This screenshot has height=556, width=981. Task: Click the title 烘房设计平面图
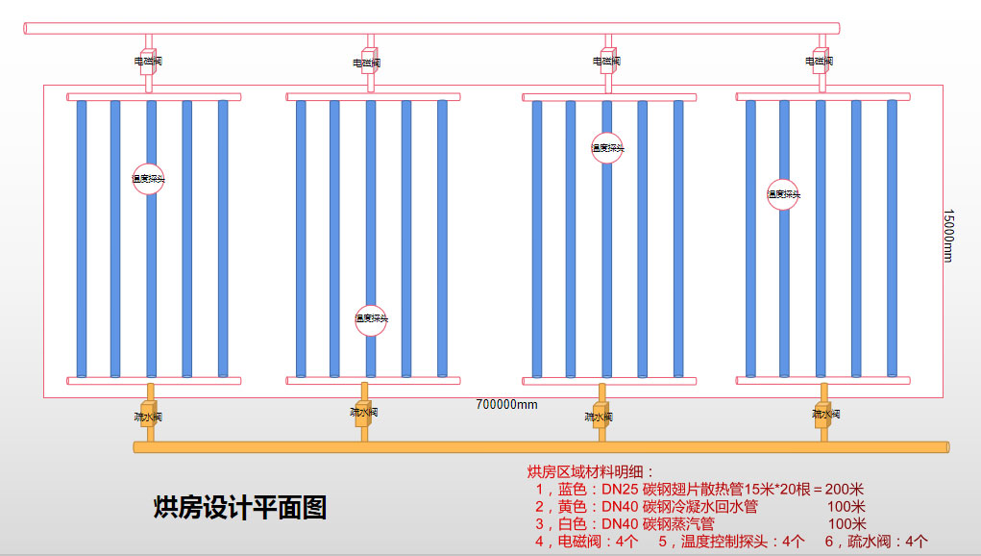(240, 507)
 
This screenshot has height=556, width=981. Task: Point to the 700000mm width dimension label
(506, 404)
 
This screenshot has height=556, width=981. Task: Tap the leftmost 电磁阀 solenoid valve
(148, 60)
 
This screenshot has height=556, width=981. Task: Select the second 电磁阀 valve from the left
(368, 62)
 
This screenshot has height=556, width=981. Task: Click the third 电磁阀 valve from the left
(606, 60)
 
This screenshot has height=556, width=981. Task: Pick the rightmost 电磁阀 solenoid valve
(820, 60)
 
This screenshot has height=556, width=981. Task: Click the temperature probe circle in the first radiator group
(149, 178)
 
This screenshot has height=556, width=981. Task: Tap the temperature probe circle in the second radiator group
(371, 318)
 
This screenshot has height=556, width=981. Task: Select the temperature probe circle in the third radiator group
(607, 148)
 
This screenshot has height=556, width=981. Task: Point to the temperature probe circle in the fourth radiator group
(783, 194)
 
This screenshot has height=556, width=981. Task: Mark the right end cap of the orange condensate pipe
(946, 446)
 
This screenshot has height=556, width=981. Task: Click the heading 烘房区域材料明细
(590, 471)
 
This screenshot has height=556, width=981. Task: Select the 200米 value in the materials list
(846, 489)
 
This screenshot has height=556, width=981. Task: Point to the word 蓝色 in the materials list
(571, 489)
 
